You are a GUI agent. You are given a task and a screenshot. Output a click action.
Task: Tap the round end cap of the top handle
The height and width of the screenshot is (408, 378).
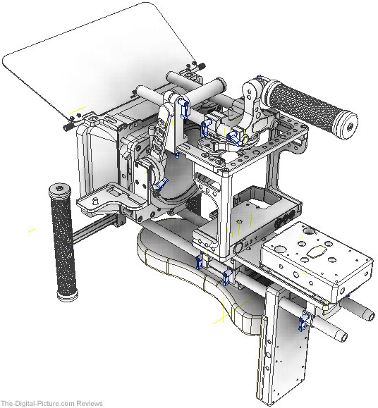[347, 125]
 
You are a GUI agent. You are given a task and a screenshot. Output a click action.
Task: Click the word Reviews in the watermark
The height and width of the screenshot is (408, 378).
[90, 404]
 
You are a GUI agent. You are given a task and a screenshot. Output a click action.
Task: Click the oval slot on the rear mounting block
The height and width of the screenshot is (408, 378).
[317, 252]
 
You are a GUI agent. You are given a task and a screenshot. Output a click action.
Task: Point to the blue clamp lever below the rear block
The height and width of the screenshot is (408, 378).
[303, 322]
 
